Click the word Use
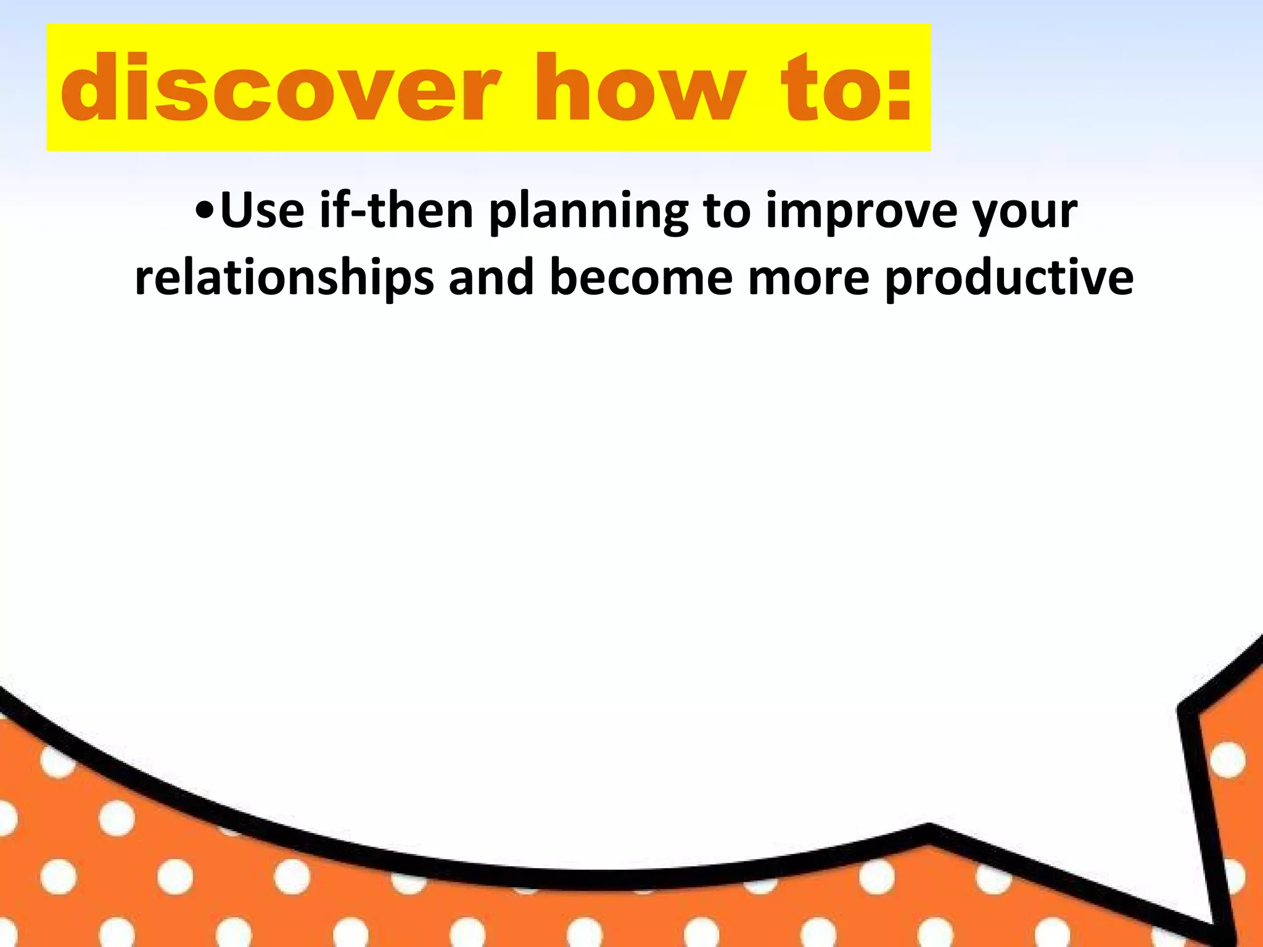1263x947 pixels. (262, 210)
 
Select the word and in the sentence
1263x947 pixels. (491, 277)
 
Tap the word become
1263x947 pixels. (641, 277)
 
